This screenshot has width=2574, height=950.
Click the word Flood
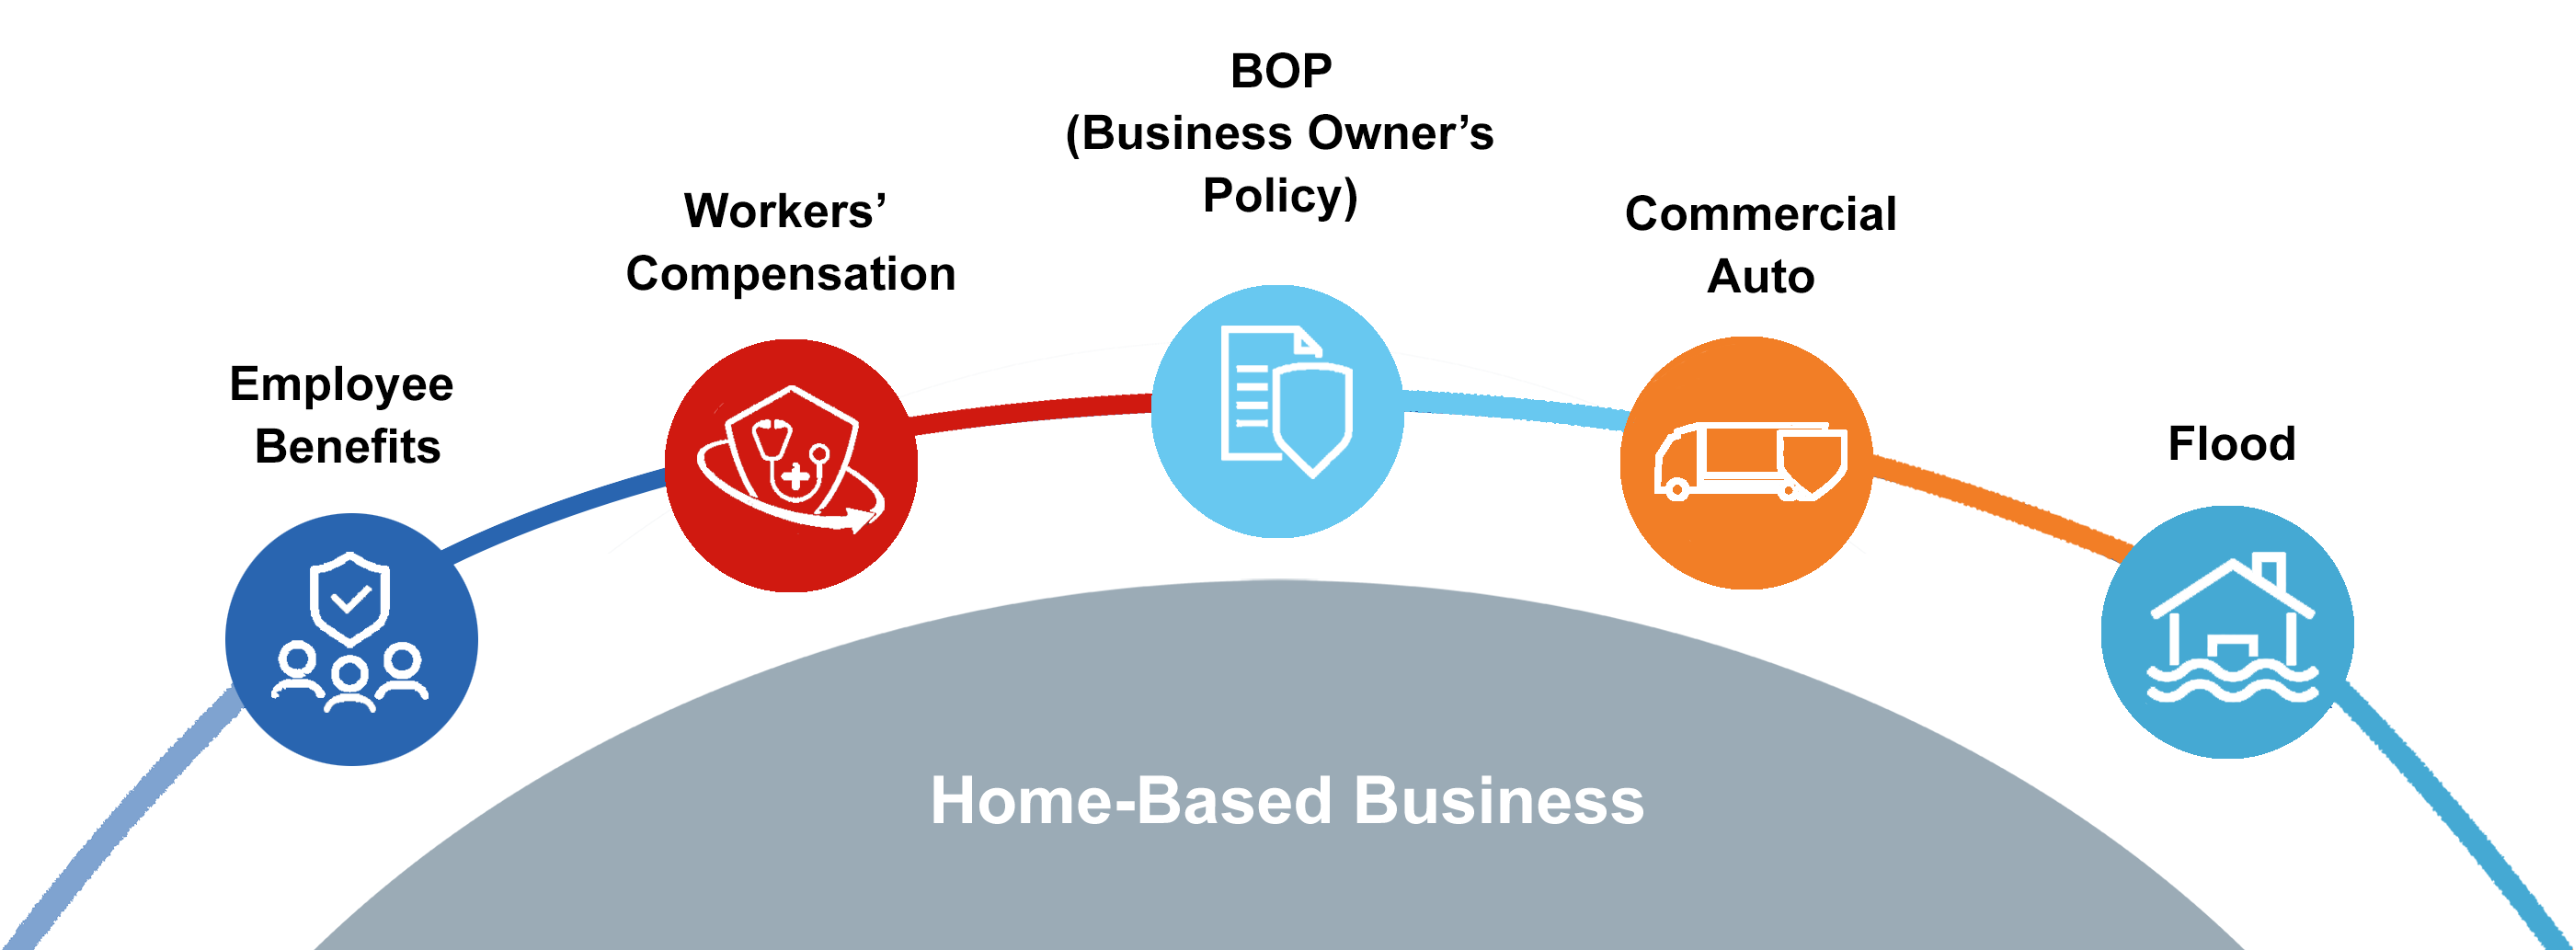coord(2230,443)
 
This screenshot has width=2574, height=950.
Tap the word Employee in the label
coord(341,384)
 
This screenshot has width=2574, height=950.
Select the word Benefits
coord(347,447)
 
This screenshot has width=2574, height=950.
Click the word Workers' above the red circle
coord(784,211)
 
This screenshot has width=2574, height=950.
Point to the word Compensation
coord(790,274)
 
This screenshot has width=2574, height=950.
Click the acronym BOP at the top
coord(1280,71)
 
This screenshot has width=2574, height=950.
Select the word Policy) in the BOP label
coord(1280,196)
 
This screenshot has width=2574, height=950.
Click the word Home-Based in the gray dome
coord(1131,801)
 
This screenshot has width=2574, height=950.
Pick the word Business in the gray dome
coord(1498,801)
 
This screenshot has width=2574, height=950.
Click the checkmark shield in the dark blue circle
coord(349,599)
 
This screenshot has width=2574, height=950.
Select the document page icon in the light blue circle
coord(1249,395)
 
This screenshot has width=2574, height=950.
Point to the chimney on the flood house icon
coord(2271,571)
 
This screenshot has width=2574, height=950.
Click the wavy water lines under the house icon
coord(2232,686)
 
